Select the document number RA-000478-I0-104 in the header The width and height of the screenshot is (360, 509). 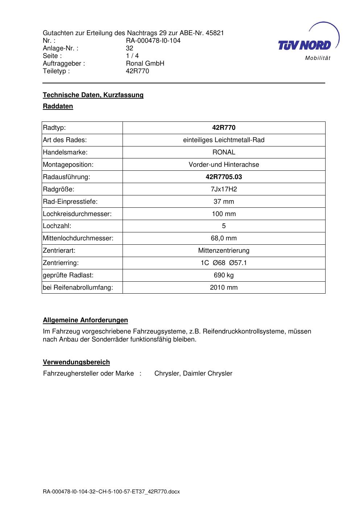click(x=153, y=41)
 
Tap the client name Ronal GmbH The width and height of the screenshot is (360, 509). click(x=145, y=63)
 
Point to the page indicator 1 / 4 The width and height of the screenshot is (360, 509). click(x=132, y=56)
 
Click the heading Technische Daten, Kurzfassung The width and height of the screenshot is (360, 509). click(x=93, y=95)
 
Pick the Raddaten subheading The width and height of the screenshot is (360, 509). click(x=58, y=106)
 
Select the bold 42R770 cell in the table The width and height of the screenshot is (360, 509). click(x=224, y=128)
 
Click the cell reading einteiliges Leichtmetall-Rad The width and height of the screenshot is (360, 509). click(x=224, y=140)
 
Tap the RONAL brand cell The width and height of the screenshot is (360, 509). click(x=224, y=152)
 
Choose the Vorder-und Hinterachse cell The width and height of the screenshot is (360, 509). click(x=224, y=165)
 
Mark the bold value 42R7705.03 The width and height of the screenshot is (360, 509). click(x=224, y=177)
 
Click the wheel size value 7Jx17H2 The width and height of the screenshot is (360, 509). click(x=224, y=189)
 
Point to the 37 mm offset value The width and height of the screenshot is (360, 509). click(x=224, y=202)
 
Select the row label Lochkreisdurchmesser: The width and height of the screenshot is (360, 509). click(x=77, y=214)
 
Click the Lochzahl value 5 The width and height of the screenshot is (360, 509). click(x=224, y=226)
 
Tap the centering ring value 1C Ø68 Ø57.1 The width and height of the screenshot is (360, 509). click(x=224, y=263)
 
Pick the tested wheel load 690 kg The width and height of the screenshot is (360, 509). click(x=224, y=275)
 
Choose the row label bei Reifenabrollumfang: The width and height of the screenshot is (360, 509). click(x=78, y=287)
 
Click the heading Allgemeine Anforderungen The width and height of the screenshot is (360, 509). click(x=86, y=320)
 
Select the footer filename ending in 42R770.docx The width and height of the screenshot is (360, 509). click(x=111, y=492)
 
